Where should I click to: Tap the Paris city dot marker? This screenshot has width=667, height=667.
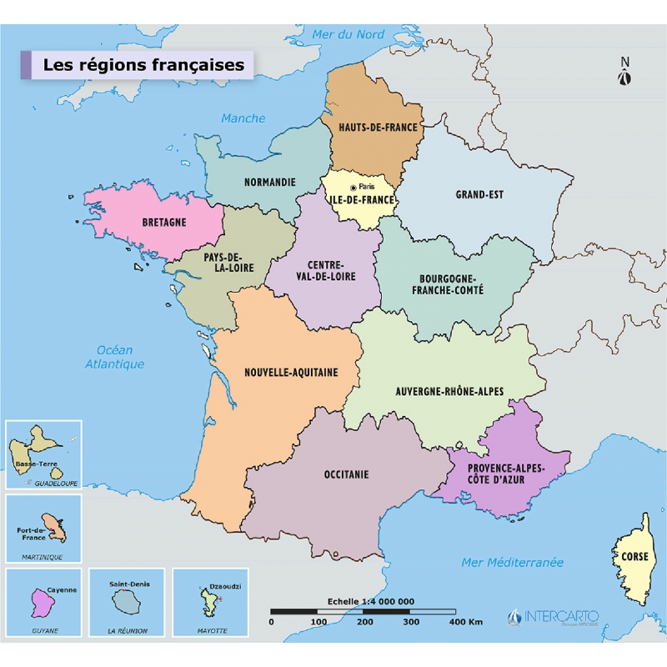[354, 188]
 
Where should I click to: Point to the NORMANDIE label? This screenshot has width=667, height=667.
[269, 182]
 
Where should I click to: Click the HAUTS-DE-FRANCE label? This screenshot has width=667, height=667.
[378, 128]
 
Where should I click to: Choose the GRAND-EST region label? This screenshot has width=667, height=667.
[479, 195]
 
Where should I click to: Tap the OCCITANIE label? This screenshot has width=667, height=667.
[346, 474]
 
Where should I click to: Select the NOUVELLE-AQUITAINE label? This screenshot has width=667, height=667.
[291, 373]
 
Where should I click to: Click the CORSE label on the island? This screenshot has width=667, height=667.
[634, 556]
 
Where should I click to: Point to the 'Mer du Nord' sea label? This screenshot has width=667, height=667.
[349, 34]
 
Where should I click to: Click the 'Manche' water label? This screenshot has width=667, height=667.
[243, 118]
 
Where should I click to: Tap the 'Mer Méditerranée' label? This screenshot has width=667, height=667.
[513, 563]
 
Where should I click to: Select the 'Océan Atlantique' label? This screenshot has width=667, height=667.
[115, 357]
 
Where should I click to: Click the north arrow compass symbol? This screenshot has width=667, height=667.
[624, 73]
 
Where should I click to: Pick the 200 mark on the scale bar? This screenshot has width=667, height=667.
[364, 622]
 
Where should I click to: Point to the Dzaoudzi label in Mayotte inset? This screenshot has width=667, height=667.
[225, 586]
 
